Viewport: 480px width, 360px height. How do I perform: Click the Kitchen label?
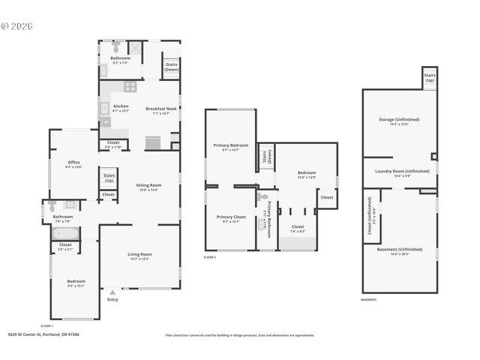[x=121, y=106]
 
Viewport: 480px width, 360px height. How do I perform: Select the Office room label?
[x=73, y=162]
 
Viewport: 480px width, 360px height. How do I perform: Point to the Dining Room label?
[x=148, y=185]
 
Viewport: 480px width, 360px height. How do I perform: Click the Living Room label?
[x=139, y=254]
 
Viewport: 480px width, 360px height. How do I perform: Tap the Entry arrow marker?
[x=112, y=292]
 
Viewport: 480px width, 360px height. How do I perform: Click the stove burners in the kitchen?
[x=130, y=86]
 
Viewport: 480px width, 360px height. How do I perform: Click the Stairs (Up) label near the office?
[x=109, y=178]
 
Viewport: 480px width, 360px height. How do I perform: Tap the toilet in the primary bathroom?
[x=262, y=198]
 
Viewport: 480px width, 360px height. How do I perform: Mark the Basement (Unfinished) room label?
[x=399, y=250]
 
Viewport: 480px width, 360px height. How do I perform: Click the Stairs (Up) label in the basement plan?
[x=430, y=77]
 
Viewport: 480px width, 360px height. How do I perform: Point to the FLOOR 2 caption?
[x=209, y=257]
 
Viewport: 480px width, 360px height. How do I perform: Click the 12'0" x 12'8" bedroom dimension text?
[x=306, y=178]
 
